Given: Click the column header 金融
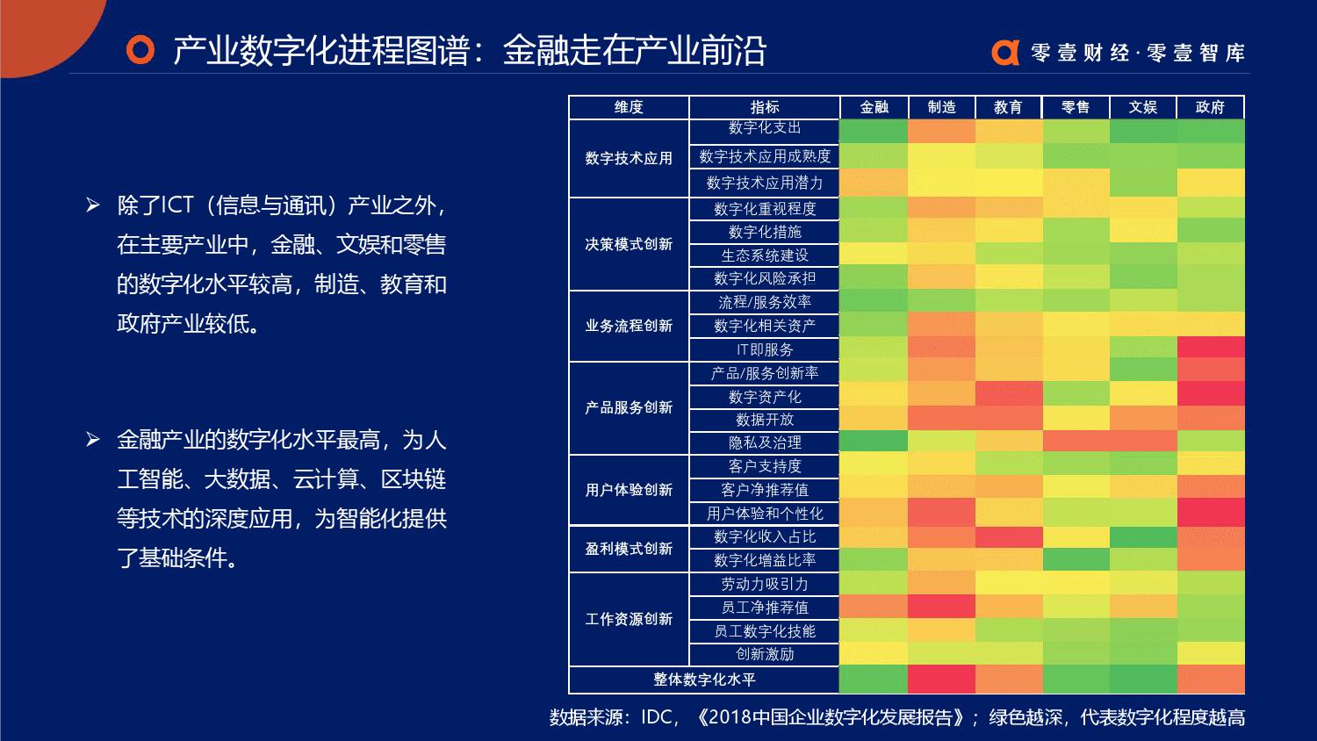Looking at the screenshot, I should (x=874, y=107).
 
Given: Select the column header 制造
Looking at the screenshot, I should (x=941, y=107).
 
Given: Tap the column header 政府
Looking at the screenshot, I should (x=1210, y=107).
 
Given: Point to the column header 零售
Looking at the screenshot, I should (x=1076, y=107).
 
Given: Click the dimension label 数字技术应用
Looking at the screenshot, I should (x=629, y=158).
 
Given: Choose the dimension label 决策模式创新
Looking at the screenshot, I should (x=629, y=244).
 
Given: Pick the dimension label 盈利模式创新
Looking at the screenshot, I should (x=629, y=549).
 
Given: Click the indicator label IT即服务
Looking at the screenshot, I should (x=765, y=349).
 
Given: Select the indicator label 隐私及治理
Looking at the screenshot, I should (x=765, y=442).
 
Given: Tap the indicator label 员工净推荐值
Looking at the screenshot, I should (x=765, y=608).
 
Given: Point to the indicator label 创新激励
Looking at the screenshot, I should (x=765, y=654).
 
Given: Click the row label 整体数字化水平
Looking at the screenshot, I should (x=704, y=680).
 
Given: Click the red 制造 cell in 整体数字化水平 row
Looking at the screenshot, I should (x=941, y=680).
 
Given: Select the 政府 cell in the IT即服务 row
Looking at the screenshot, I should (x=1211, y=348).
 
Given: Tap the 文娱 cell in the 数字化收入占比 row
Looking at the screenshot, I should (x=1143, y=536).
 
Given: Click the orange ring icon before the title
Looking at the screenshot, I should (x=140, y=50).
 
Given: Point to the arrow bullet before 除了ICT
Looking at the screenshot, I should (x=93, y=206).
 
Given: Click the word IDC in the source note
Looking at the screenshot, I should (x=657, y=717).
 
